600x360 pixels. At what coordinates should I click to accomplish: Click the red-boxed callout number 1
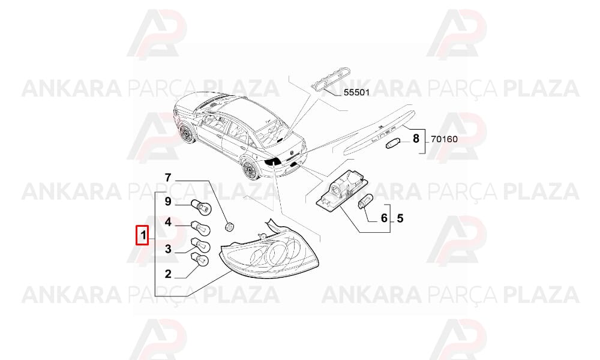click(143, 234)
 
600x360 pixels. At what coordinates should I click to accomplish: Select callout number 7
click(168, 178)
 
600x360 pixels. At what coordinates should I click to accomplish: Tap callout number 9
click(168, 201)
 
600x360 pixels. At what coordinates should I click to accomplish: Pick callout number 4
click(168, 222)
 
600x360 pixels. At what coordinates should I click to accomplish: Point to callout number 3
click(168, 250)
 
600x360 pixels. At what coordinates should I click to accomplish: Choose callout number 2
click(168, 274)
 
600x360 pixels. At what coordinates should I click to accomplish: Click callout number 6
click(384, 218)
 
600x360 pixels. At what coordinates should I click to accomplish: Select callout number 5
click(400, 218)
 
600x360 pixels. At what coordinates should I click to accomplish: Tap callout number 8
click(416, 139)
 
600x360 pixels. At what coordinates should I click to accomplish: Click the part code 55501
click(356, 92)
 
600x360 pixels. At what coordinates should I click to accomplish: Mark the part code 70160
click(444, 139)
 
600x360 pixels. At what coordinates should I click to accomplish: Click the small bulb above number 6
click(365, 202)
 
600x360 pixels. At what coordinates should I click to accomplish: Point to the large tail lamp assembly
click(271, 249)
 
